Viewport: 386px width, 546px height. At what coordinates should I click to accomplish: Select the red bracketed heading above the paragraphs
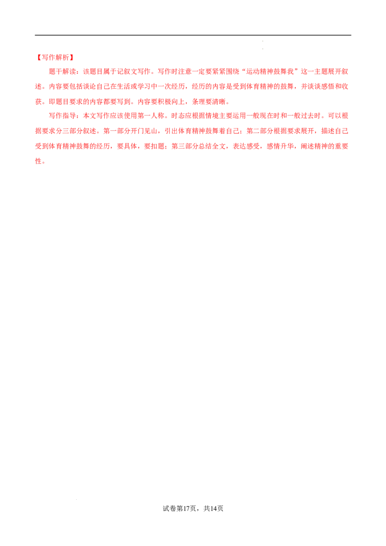54,57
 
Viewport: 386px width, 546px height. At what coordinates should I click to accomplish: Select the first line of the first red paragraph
198,72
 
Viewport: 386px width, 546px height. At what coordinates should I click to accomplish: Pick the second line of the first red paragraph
193,87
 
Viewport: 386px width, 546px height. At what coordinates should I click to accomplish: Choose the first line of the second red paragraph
198,116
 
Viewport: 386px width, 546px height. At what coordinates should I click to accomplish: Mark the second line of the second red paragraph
193,131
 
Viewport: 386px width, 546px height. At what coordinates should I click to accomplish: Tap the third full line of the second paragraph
193,146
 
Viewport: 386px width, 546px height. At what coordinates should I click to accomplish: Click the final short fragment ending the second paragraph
40,162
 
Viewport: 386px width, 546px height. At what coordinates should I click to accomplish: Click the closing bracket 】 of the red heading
71,57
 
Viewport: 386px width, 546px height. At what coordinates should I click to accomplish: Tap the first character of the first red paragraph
50,72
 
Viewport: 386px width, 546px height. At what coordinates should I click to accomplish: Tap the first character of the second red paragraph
50,116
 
